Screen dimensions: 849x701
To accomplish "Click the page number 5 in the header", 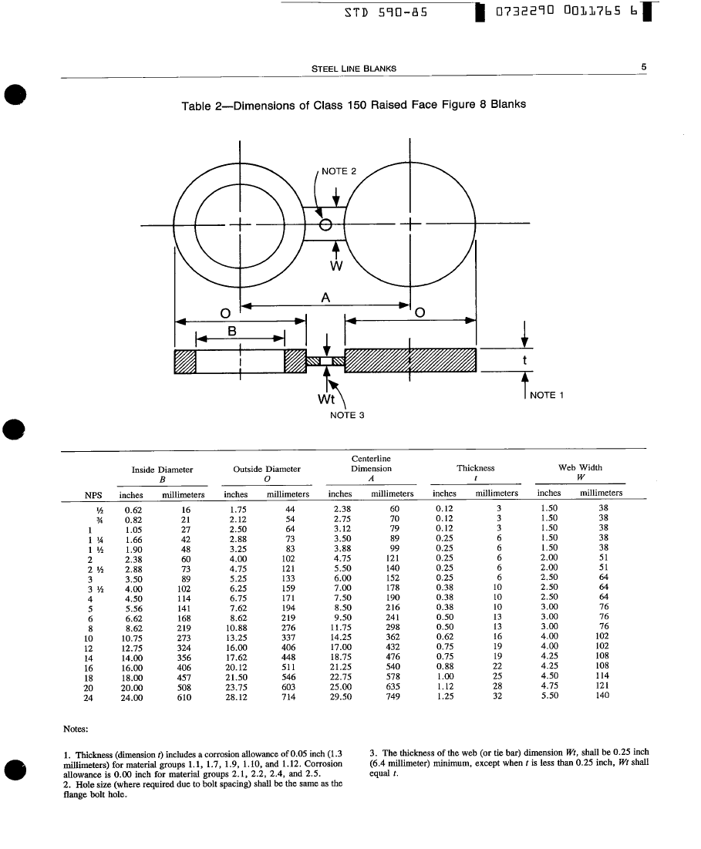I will tap(643, 67).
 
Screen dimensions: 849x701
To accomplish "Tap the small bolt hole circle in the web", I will tap(325, 225).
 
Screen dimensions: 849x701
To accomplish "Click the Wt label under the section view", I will tap(326, 399).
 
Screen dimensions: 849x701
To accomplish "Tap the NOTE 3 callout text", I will tap(346, 415).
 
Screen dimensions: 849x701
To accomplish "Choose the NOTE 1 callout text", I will tap(548, 395).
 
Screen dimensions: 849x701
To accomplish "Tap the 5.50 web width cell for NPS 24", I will tap(548, 695).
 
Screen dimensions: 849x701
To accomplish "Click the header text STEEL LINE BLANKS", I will tap(353, 68).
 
